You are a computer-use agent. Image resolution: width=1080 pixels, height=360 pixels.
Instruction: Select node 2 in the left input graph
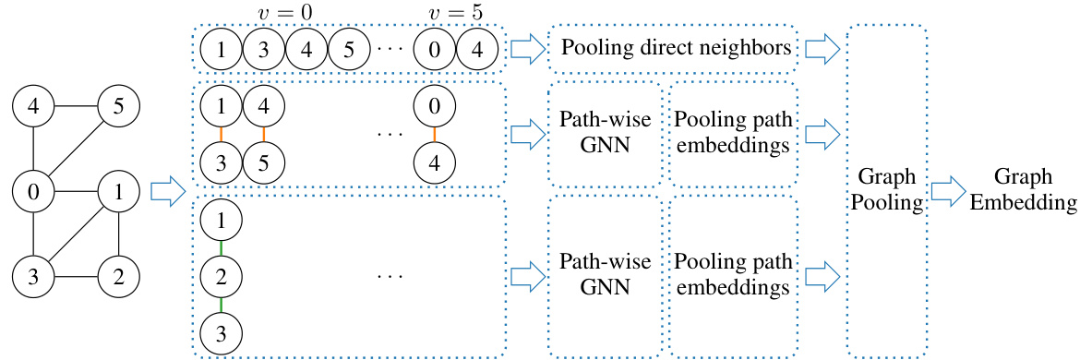pyautogui.click(x=120, y=277)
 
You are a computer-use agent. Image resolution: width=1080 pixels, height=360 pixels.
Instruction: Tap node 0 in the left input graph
pyautogui.click(x=33, y=192)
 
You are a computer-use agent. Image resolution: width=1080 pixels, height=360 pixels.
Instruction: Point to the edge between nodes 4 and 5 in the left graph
pyautogui.click(x=77, y=106)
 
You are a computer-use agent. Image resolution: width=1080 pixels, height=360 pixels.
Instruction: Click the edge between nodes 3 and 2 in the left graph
pyautogui.click(x=77, y=277)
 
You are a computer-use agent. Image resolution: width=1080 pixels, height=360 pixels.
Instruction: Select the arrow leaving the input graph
pyautogui.click(x=162, y=193)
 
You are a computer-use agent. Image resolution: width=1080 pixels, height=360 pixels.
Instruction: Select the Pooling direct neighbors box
pyautogui.click(x=675, y=48)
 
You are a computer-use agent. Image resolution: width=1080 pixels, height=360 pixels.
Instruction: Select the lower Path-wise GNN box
pyautogui.click(x=605, y=274)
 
